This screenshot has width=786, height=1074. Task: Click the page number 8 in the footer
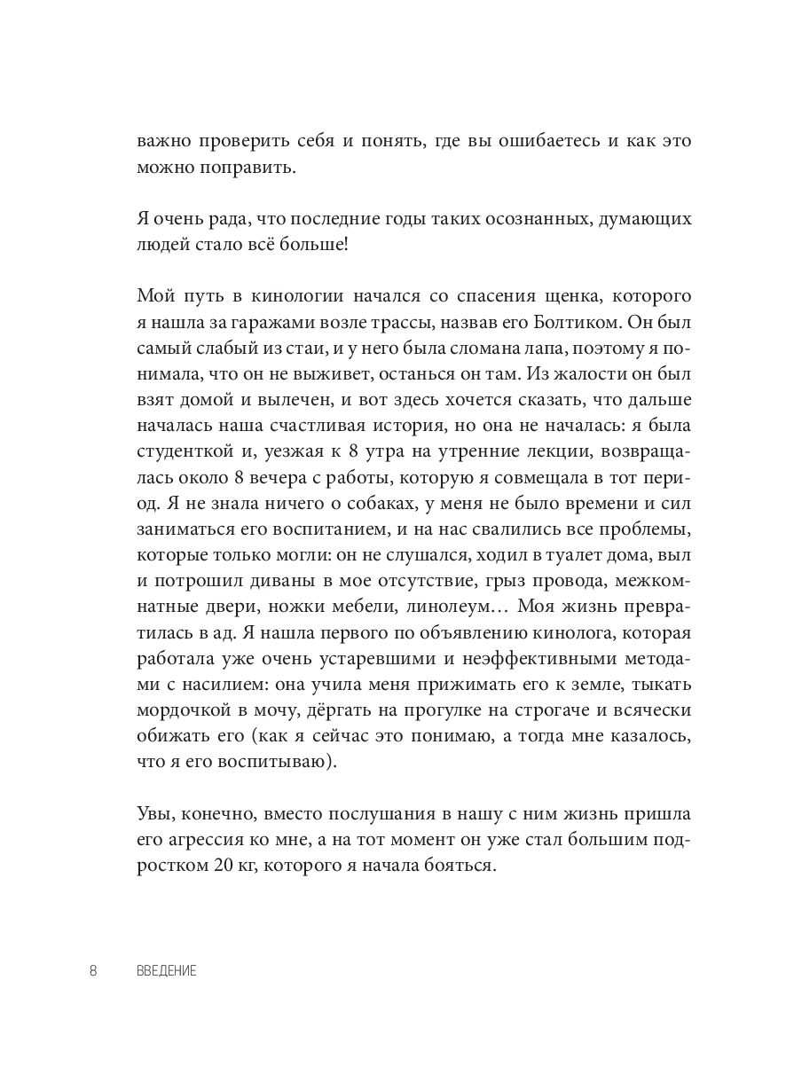click(x=93, y=970)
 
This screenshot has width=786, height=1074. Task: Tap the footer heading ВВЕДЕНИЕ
click(x=167, y=971)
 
